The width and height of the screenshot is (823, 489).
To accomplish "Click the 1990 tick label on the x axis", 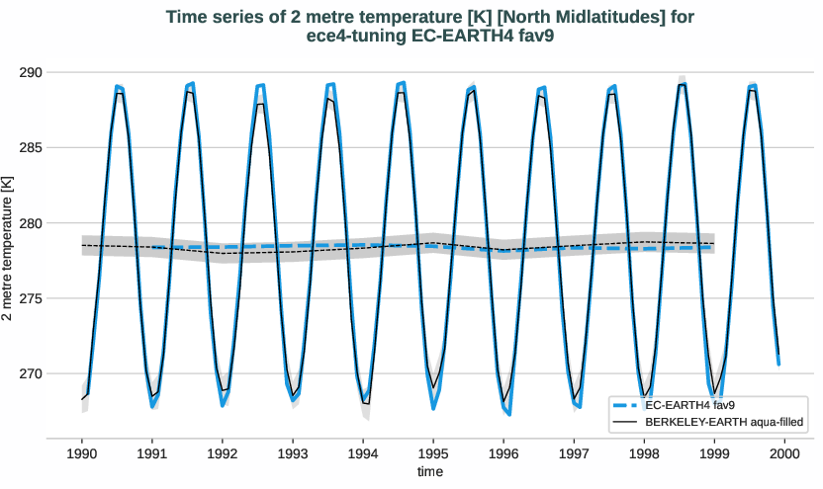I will (x=81, y=453).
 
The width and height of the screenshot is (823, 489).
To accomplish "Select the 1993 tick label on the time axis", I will (x=293, y=453).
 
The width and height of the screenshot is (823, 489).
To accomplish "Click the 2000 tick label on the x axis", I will (x=784, y=453).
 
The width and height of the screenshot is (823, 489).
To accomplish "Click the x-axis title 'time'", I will (x=430, y=472).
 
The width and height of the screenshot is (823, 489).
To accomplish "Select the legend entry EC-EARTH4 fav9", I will (x=689, y=405).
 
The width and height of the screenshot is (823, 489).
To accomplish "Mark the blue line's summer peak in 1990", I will (x=117, y=86).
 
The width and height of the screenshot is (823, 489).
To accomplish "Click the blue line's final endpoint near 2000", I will (x=778, y=365).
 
